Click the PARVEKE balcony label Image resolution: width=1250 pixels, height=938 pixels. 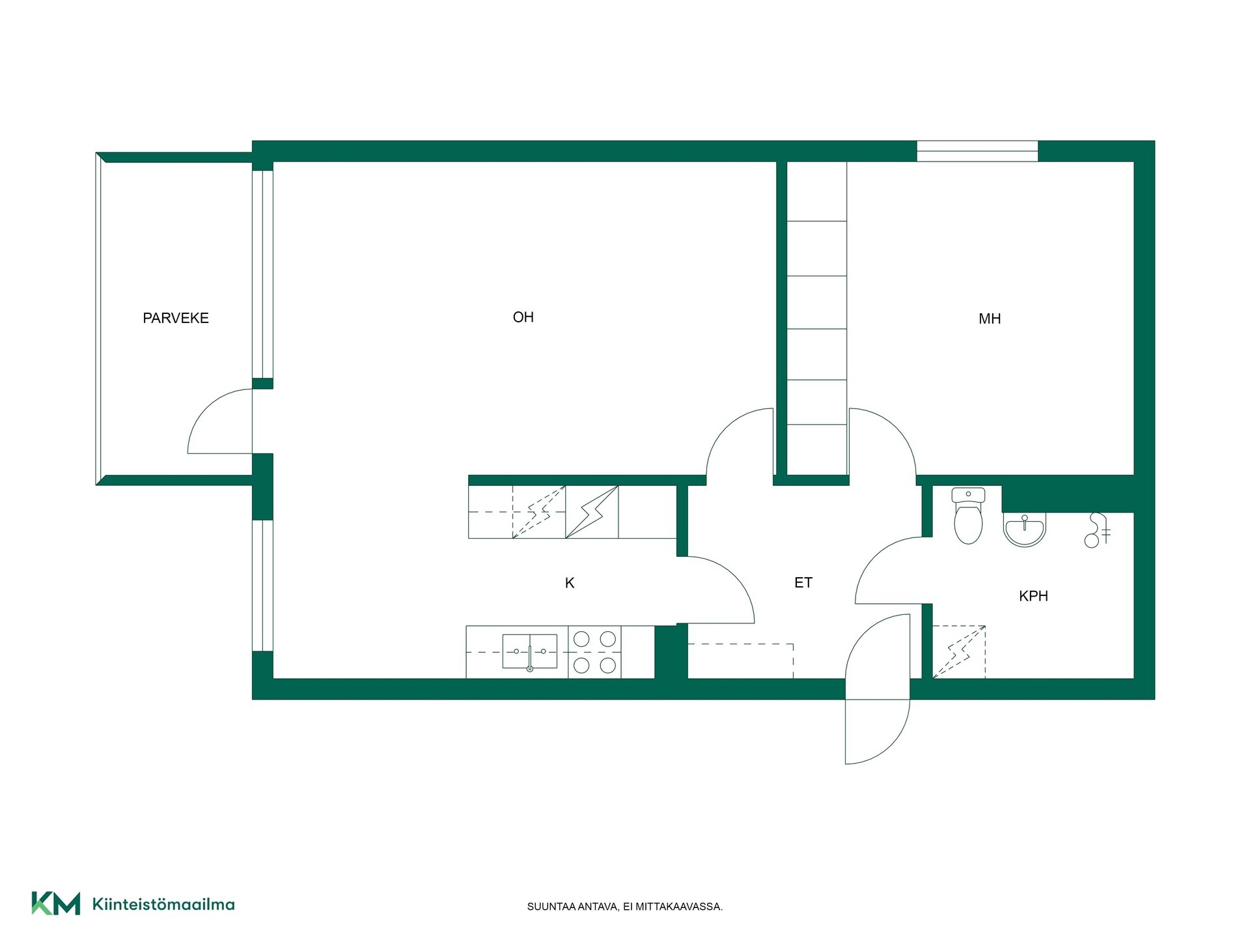tap(176, 318)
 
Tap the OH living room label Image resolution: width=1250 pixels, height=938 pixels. tap(523, 317)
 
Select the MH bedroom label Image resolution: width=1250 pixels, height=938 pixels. tap(990, 319)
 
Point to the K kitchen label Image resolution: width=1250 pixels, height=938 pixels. tap(570, 583)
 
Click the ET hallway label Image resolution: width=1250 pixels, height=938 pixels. tap(803, 582)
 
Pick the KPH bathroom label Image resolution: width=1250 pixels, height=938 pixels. tap(1033, 595)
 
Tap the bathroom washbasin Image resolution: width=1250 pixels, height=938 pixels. tap(1024, 530)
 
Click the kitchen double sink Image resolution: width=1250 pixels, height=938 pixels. tap(530, 651)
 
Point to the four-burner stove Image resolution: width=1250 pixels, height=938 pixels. tap(594, 652)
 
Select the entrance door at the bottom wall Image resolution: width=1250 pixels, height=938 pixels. tap(877, 689)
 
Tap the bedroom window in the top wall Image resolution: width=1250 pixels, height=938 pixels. tap(977, 151)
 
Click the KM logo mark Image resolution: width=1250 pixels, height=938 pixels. tap(56, 903)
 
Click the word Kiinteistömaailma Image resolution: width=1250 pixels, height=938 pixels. tap(163, 904)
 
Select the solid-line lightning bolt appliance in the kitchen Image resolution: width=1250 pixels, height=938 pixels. tap(592, 512)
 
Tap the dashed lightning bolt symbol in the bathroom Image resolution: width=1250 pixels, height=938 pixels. tap(959, 652)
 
